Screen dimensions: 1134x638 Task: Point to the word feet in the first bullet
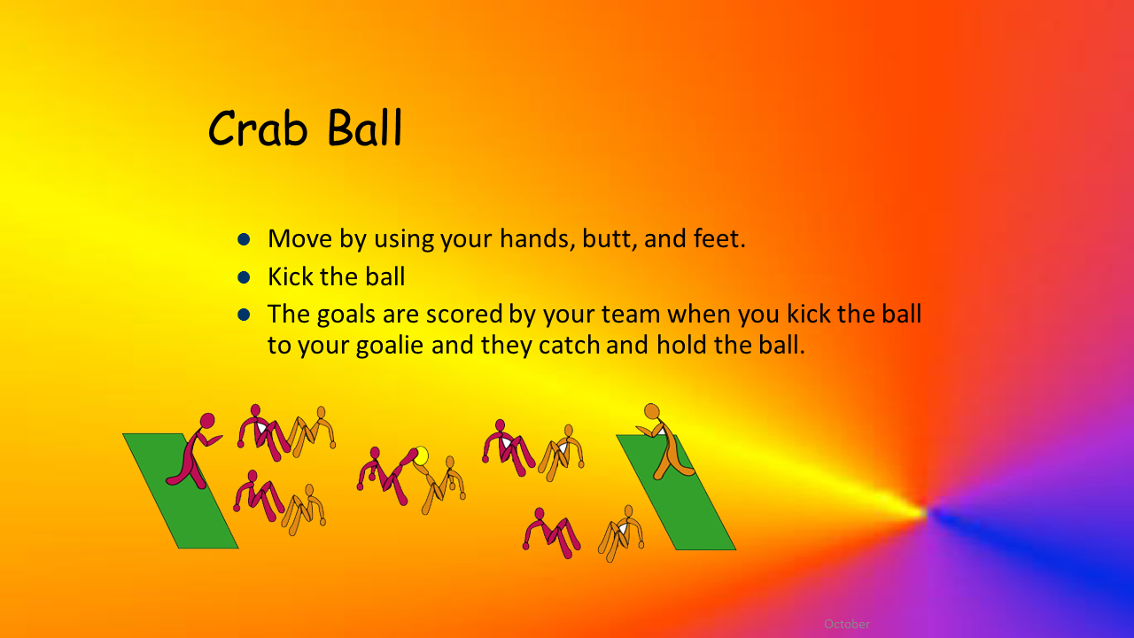click(719, 238)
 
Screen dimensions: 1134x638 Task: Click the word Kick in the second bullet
click(290, 276)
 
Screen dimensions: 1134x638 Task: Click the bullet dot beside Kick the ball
click(244, 277)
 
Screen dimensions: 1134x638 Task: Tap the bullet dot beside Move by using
click(244, 239)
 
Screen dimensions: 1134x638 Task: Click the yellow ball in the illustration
click(421, 455)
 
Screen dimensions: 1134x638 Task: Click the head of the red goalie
click(207, 421)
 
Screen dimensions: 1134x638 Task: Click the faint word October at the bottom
click(847, 624)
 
